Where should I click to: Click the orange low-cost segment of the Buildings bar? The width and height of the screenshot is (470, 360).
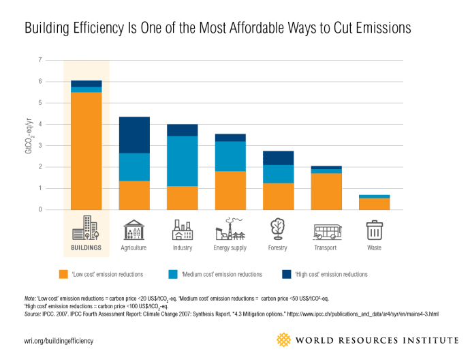click(x=86, y=150)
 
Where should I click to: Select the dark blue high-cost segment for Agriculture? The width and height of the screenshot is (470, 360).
click(x=134, y=135)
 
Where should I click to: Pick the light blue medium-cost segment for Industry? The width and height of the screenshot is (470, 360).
click(x=183, y=161)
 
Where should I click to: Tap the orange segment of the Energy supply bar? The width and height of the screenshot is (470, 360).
click(x=231, y=190)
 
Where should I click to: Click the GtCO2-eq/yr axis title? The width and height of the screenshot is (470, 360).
click(x=29, y=134)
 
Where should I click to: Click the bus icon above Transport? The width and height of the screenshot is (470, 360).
click(x=327, y=230)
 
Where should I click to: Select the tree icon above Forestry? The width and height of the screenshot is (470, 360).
click(x=279, y=229)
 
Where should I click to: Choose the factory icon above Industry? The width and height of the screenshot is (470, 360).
click(x=183, y=230)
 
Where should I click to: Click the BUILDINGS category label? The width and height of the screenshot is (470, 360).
click(x=87, y=248)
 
